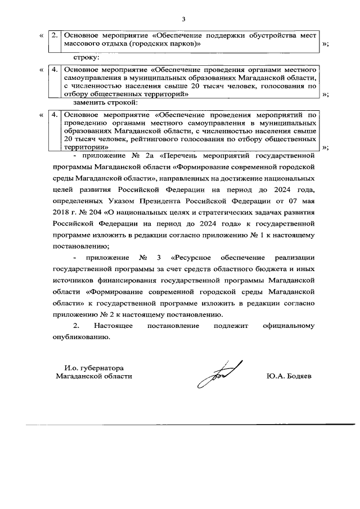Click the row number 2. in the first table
pyautogui.click(x=55, y=35)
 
